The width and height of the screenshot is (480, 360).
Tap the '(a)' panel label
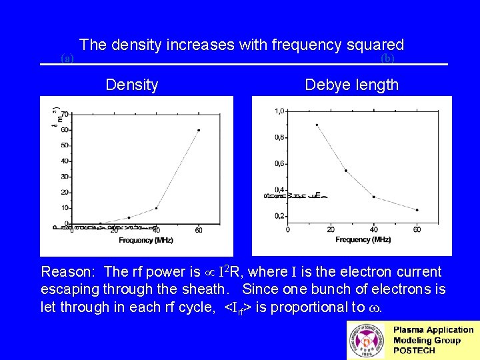(x=67, y=59)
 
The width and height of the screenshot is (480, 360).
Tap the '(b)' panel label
(x=387, y=59)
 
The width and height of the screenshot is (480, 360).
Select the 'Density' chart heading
(x=132, y=85)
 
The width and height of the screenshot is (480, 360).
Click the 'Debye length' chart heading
(x=351, y=85)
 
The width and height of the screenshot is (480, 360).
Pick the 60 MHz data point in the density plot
(x=198, y=130)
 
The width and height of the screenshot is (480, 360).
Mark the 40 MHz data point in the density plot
(x=157, y=208)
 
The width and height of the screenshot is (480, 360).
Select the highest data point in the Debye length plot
(x=317, y=125)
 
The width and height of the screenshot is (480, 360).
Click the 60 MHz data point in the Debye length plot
(x=417, y=210)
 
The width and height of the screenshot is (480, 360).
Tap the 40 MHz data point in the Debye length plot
(x=373, y=197)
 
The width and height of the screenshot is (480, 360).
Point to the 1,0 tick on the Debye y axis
(x=280, y=111)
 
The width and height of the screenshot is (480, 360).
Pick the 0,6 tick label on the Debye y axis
(x=280, y=163)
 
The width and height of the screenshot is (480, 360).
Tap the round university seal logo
(x=366, y=340)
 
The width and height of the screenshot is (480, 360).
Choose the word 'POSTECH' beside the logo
(x=415, y=351)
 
